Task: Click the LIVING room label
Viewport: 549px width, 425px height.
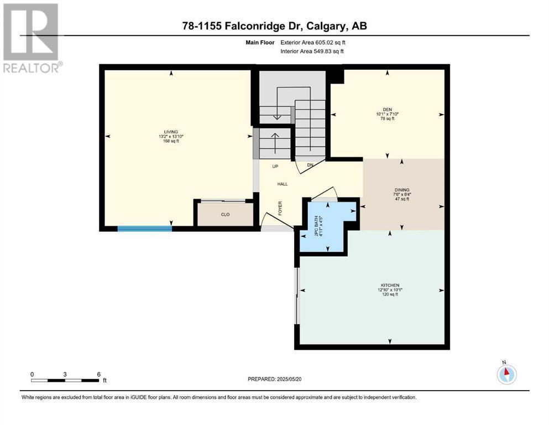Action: (x=171, y=132)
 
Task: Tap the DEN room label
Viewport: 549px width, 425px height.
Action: (x=387, y=110)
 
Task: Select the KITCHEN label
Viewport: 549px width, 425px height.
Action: (x=390, y=286)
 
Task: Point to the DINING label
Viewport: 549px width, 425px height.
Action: (x=401, y=190)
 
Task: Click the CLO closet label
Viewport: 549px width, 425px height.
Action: (x=225, y=214)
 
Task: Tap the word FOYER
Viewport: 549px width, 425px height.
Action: (x=280, y=208)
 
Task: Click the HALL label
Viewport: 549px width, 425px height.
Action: (x=283, y=184)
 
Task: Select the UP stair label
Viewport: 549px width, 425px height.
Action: (x=275, y=167)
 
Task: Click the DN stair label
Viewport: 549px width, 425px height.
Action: (x=310, y=165)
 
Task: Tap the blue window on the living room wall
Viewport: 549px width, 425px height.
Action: (x=145, y=229)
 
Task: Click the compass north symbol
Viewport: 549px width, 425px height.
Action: (x=506, y=374)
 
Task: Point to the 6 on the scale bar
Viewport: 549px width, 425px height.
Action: (x=99, y=374)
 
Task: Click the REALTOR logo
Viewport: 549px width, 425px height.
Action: (x=32, y=38)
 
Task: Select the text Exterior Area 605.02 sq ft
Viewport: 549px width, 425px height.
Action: (x=313, y=43)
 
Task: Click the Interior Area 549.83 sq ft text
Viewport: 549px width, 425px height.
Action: (x=312, y=51)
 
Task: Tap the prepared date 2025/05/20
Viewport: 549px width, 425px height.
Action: (x=289, y=379)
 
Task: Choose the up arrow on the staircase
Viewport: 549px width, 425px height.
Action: (x=275, y=143)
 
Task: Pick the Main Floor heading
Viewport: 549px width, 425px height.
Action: (x=260, y=43)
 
